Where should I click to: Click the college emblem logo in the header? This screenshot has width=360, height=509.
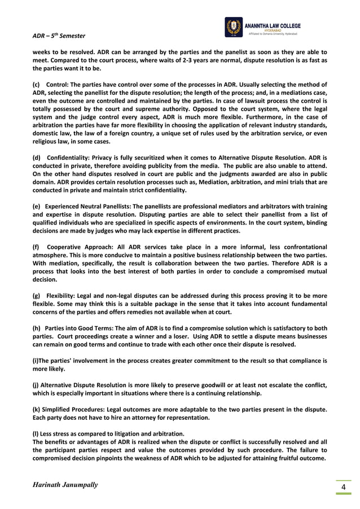coord(233,27)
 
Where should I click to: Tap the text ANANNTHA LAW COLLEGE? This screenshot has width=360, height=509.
coord(273,25)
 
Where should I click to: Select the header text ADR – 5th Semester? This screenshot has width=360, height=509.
coord(59,36)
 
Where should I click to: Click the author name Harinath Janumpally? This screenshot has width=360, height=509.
coord(65,485)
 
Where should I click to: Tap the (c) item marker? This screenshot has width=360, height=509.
coord(36,84)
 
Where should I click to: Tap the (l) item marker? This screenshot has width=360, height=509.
coord(36,433)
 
